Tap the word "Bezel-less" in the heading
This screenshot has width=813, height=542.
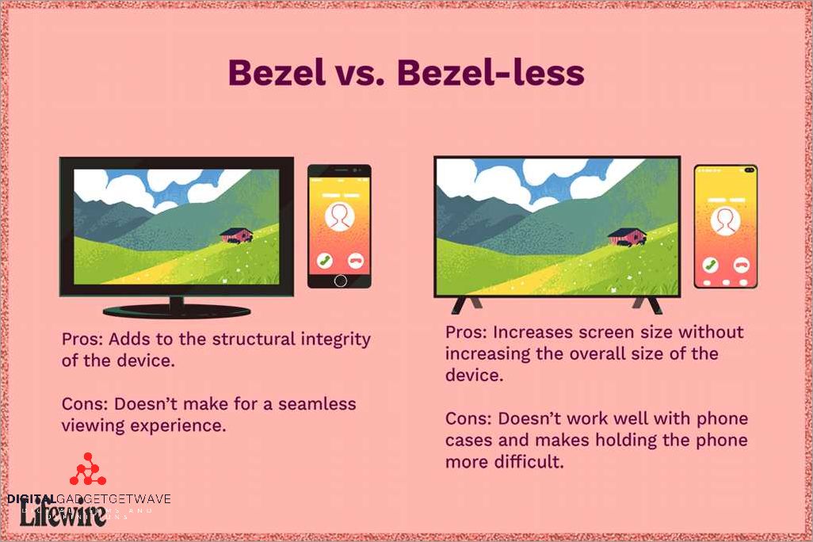[490, 74]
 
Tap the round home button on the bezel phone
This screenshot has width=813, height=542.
[340, 281]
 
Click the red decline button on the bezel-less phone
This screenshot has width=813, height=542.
[742, 265]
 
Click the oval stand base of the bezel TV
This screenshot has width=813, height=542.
[176, 310]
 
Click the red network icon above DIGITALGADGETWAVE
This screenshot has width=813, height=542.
[87, 471]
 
